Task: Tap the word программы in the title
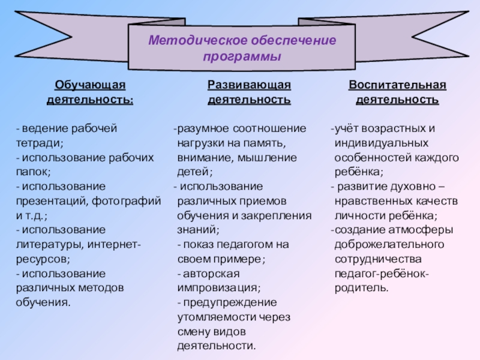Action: coord(242,58)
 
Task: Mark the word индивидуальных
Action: coord(381,143)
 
